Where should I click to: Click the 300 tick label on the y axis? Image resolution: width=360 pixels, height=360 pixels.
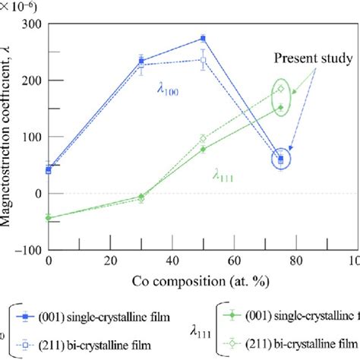(x=32, y=24)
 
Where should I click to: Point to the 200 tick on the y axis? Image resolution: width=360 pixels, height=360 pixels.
(x=32, y=80)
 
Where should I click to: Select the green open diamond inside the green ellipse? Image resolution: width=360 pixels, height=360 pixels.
(x=280, y=89)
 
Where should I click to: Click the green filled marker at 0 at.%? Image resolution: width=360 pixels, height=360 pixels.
(x=49, y=217)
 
